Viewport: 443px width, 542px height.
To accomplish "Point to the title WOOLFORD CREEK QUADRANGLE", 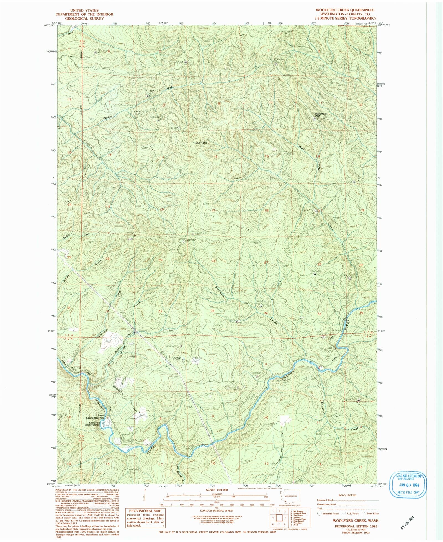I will (345, 10).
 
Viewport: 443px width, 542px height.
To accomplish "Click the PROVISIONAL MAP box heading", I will (145, 511).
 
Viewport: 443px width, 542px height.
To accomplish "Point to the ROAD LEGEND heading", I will (347, 495).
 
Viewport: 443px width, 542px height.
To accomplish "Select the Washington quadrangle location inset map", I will (290, 499).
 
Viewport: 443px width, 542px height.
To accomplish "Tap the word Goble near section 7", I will (108, 117).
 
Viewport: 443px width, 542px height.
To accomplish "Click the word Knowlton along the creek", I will (322, 406).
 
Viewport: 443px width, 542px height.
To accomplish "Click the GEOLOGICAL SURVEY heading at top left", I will (84, 19).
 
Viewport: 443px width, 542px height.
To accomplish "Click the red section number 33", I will (212, 311).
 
